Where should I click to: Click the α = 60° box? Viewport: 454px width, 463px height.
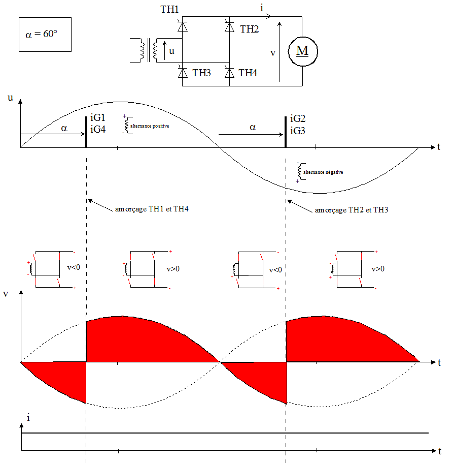pyautogui.click(x=45, y=35)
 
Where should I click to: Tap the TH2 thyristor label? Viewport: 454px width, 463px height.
pyautogui.click(x=249, y=29)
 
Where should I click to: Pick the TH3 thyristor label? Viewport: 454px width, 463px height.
pyautogui.click(x=202, y=73)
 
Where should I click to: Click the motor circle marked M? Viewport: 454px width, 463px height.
pyautogui.click(x=302, y=51)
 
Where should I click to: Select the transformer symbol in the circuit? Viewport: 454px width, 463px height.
pyautogui.click(x=148, y=51)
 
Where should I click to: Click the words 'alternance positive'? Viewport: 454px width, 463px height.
pyautogui.click(x=150, y=125)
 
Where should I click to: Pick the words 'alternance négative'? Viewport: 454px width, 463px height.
pyautogui.click(x=323, y=172)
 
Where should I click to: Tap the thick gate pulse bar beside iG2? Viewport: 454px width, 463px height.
pyautogui.click(x=286, y=131)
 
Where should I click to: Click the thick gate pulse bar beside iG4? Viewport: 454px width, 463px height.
pyautogui.click(x=86, y=131)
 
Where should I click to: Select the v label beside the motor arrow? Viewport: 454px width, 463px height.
pyautogui.click(x=273, y=52)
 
